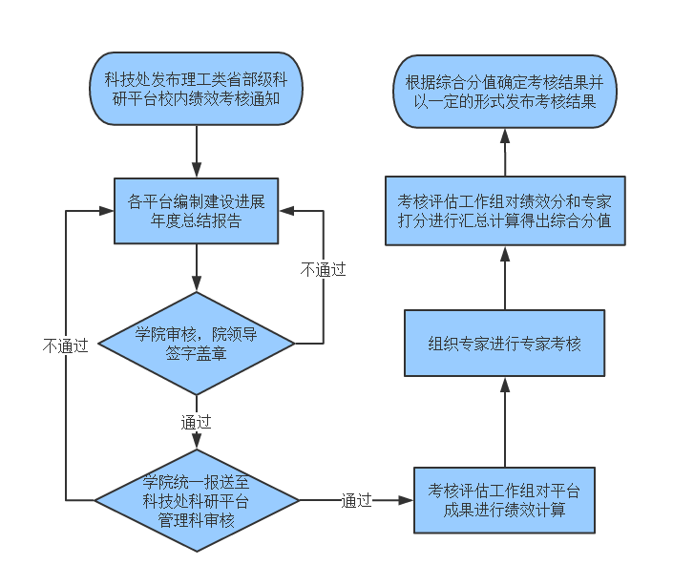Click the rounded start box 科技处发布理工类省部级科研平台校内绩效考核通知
[x=196, y=88]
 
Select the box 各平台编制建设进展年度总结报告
[x=196, y=211]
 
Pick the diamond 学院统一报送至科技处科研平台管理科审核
[x=196, y=499]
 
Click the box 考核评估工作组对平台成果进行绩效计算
[x=504, y=499]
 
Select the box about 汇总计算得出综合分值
[x=504, y=211]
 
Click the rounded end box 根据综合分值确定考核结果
[x=504, y=88]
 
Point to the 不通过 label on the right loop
[x=323, y=270]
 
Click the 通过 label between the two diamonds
[x=196, y=421]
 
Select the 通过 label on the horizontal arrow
[x=356, y=500]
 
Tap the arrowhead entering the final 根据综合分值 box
[x=504, y=135]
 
